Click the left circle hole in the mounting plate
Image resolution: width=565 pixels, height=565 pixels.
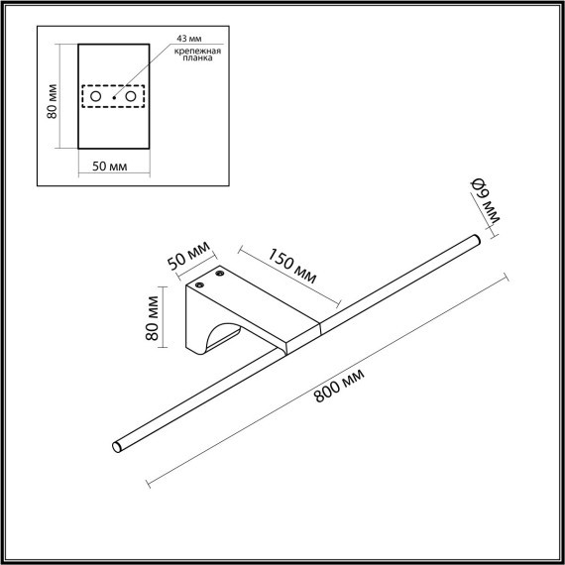pos(96,96)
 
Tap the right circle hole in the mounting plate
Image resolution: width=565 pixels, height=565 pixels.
pos(130,96)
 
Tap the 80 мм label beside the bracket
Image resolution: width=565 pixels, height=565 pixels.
pos(153,315)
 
